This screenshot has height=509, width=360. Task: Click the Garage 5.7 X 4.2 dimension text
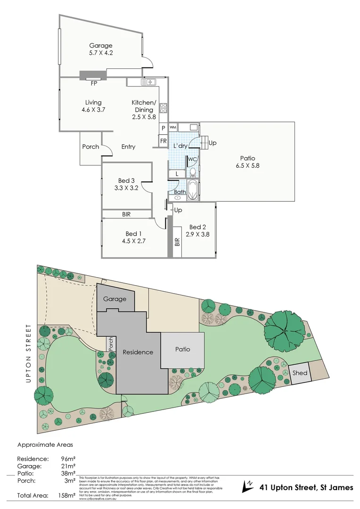(x=101, y=54)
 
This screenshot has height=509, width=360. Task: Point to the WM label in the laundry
(x=172, y=127)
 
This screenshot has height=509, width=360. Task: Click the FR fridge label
(x=163, y=141)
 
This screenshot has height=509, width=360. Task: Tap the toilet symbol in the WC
(x=192, y=172)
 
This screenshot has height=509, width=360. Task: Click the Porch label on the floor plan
(x=90, y=147)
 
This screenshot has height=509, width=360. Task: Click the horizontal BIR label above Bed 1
(x=126, y=214)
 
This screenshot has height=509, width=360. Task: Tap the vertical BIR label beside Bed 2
(x=177, y=242)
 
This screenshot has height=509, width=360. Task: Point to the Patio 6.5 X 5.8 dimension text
(x=248, y=165)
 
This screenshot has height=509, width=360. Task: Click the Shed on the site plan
(x=300, y=373)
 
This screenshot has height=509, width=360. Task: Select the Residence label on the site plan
(x=138, y=352)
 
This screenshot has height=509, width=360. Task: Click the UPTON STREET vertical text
(x=29, y=353)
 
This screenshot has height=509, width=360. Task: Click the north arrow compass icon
(x=248, y=486)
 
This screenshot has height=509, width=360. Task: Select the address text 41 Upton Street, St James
(x=306, y=487)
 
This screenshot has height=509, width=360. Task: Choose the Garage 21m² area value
(x=67, y=466)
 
